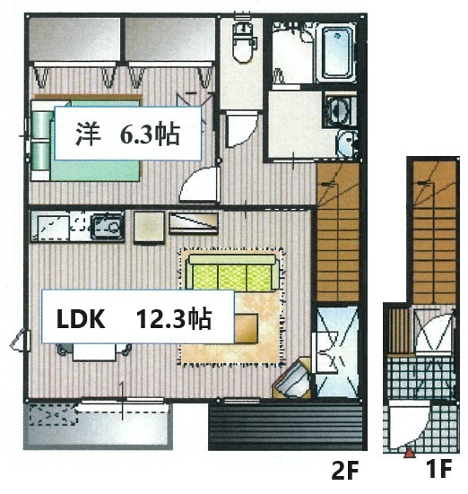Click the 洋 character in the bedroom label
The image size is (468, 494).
pos(86,135)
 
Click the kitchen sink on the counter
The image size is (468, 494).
pos(108,227)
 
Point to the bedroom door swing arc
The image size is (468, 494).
pos(196,186)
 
